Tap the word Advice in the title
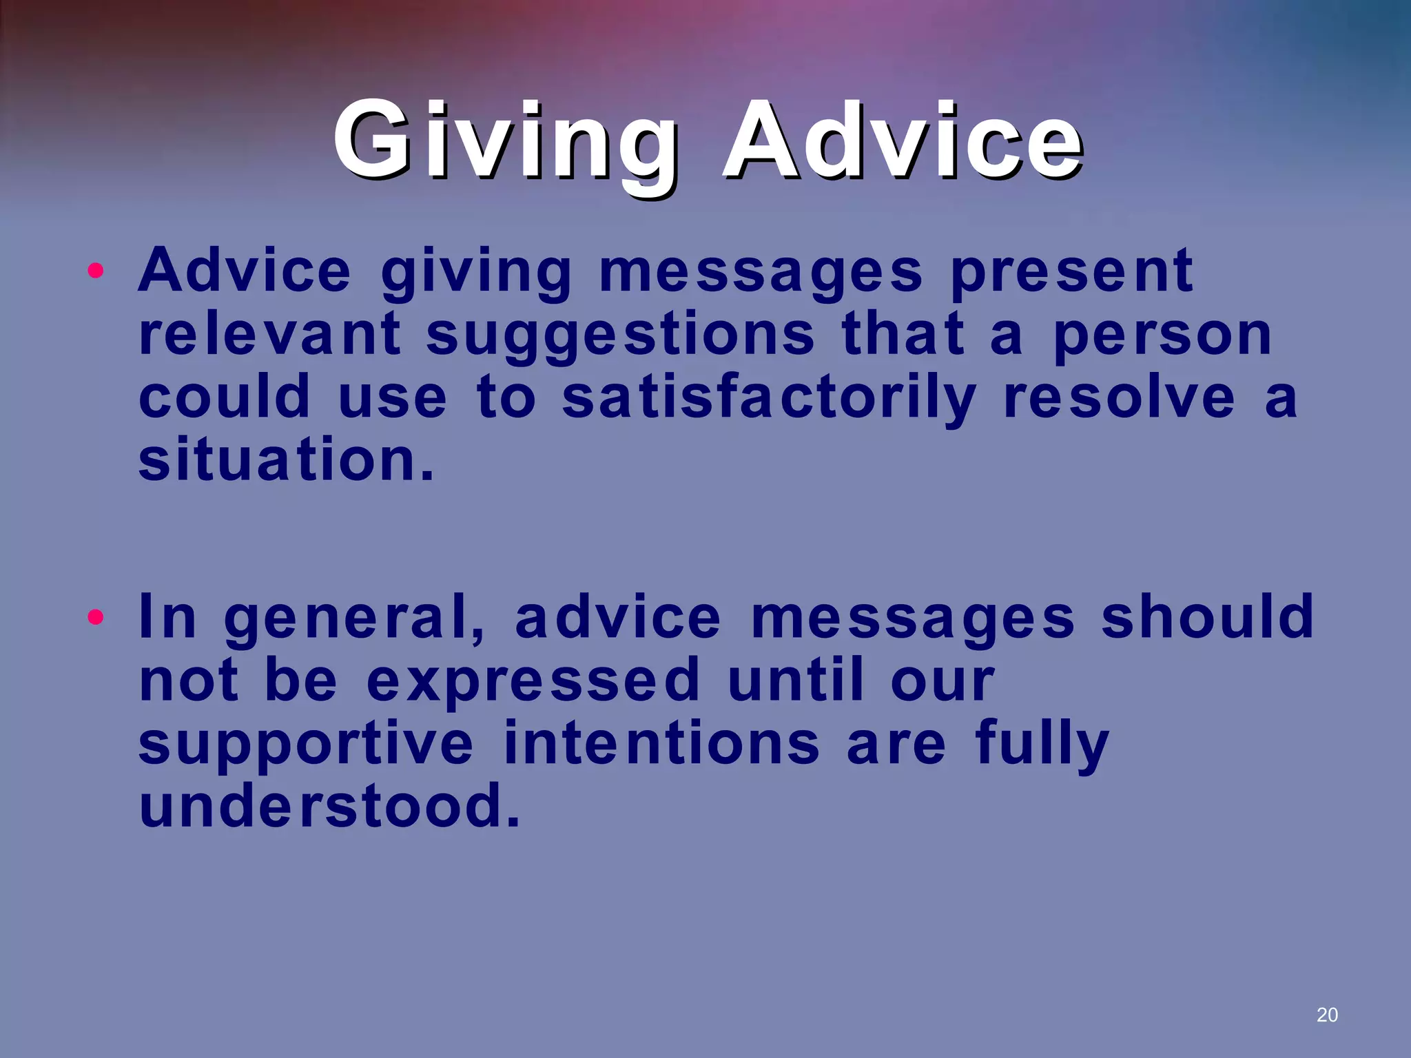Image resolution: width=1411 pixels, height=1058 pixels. pos(902,141)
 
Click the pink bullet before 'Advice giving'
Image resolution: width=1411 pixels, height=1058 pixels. pos(96,271)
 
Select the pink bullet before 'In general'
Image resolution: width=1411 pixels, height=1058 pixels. pos(96,617)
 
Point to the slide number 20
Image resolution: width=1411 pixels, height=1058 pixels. pos(1326,1015)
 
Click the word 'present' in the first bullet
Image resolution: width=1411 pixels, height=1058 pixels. pos(1071,272)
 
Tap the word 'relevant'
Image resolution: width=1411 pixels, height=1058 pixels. pos(269,334)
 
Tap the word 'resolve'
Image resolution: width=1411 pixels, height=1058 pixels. pos(1119,397)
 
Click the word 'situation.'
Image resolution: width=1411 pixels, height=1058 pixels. pos(286,460)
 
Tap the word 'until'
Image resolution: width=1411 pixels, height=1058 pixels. pos(795,680)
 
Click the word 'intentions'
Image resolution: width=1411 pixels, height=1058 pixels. pos(661,743)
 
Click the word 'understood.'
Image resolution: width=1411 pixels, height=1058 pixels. pos(329,806)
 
